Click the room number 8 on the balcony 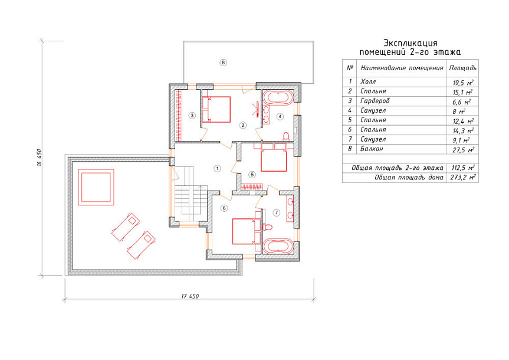(x=223, y=63)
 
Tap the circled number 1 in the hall (x=217, y=168)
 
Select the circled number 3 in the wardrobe (x=192, y=115)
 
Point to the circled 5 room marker (x=252, y=175)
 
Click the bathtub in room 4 (x=278, y=97)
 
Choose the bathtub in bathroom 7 (x=278, y=247)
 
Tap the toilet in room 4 (x=286, y=136)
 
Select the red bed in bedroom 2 (x=216, y=109)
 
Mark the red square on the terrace (x=96, y=187)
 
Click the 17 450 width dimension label (x=190, y=296)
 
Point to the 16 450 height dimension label (x=40, y=158)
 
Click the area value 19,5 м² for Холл (x=463, y=83)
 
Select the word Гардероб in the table (x=375, y=101)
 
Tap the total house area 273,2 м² (x=463, y=178)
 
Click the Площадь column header (x=462, y=68)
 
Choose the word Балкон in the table (x=372, y=149)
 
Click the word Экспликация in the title (x=411, y=43)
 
